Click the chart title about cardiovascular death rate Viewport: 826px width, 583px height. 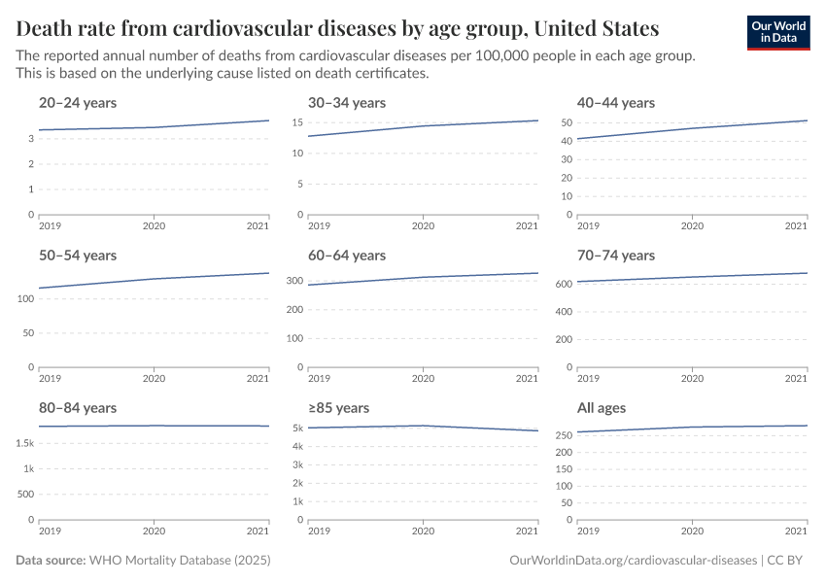pos(337,28)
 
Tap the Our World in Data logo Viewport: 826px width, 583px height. pos(777,32)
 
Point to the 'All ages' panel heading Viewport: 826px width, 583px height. pos(602,408)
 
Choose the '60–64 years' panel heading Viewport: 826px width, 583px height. pos(347,256)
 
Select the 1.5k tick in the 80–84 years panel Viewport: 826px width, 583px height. pos(25,444)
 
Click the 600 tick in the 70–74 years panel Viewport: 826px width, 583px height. pos(561,285)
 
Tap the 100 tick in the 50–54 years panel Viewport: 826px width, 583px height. pos(25,298)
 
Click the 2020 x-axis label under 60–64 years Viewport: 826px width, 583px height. pos(423,379)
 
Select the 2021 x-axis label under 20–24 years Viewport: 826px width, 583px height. pos(257,226)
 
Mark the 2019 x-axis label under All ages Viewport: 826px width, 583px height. pos(588,532)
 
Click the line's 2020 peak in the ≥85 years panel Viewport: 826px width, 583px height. pos(423,426)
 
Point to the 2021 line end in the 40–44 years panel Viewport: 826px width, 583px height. pos(807,120)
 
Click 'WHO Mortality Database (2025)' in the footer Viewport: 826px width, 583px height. pos(180,562)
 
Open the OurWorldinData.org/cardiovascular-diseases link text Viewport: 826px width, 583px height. pos(633,562)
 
